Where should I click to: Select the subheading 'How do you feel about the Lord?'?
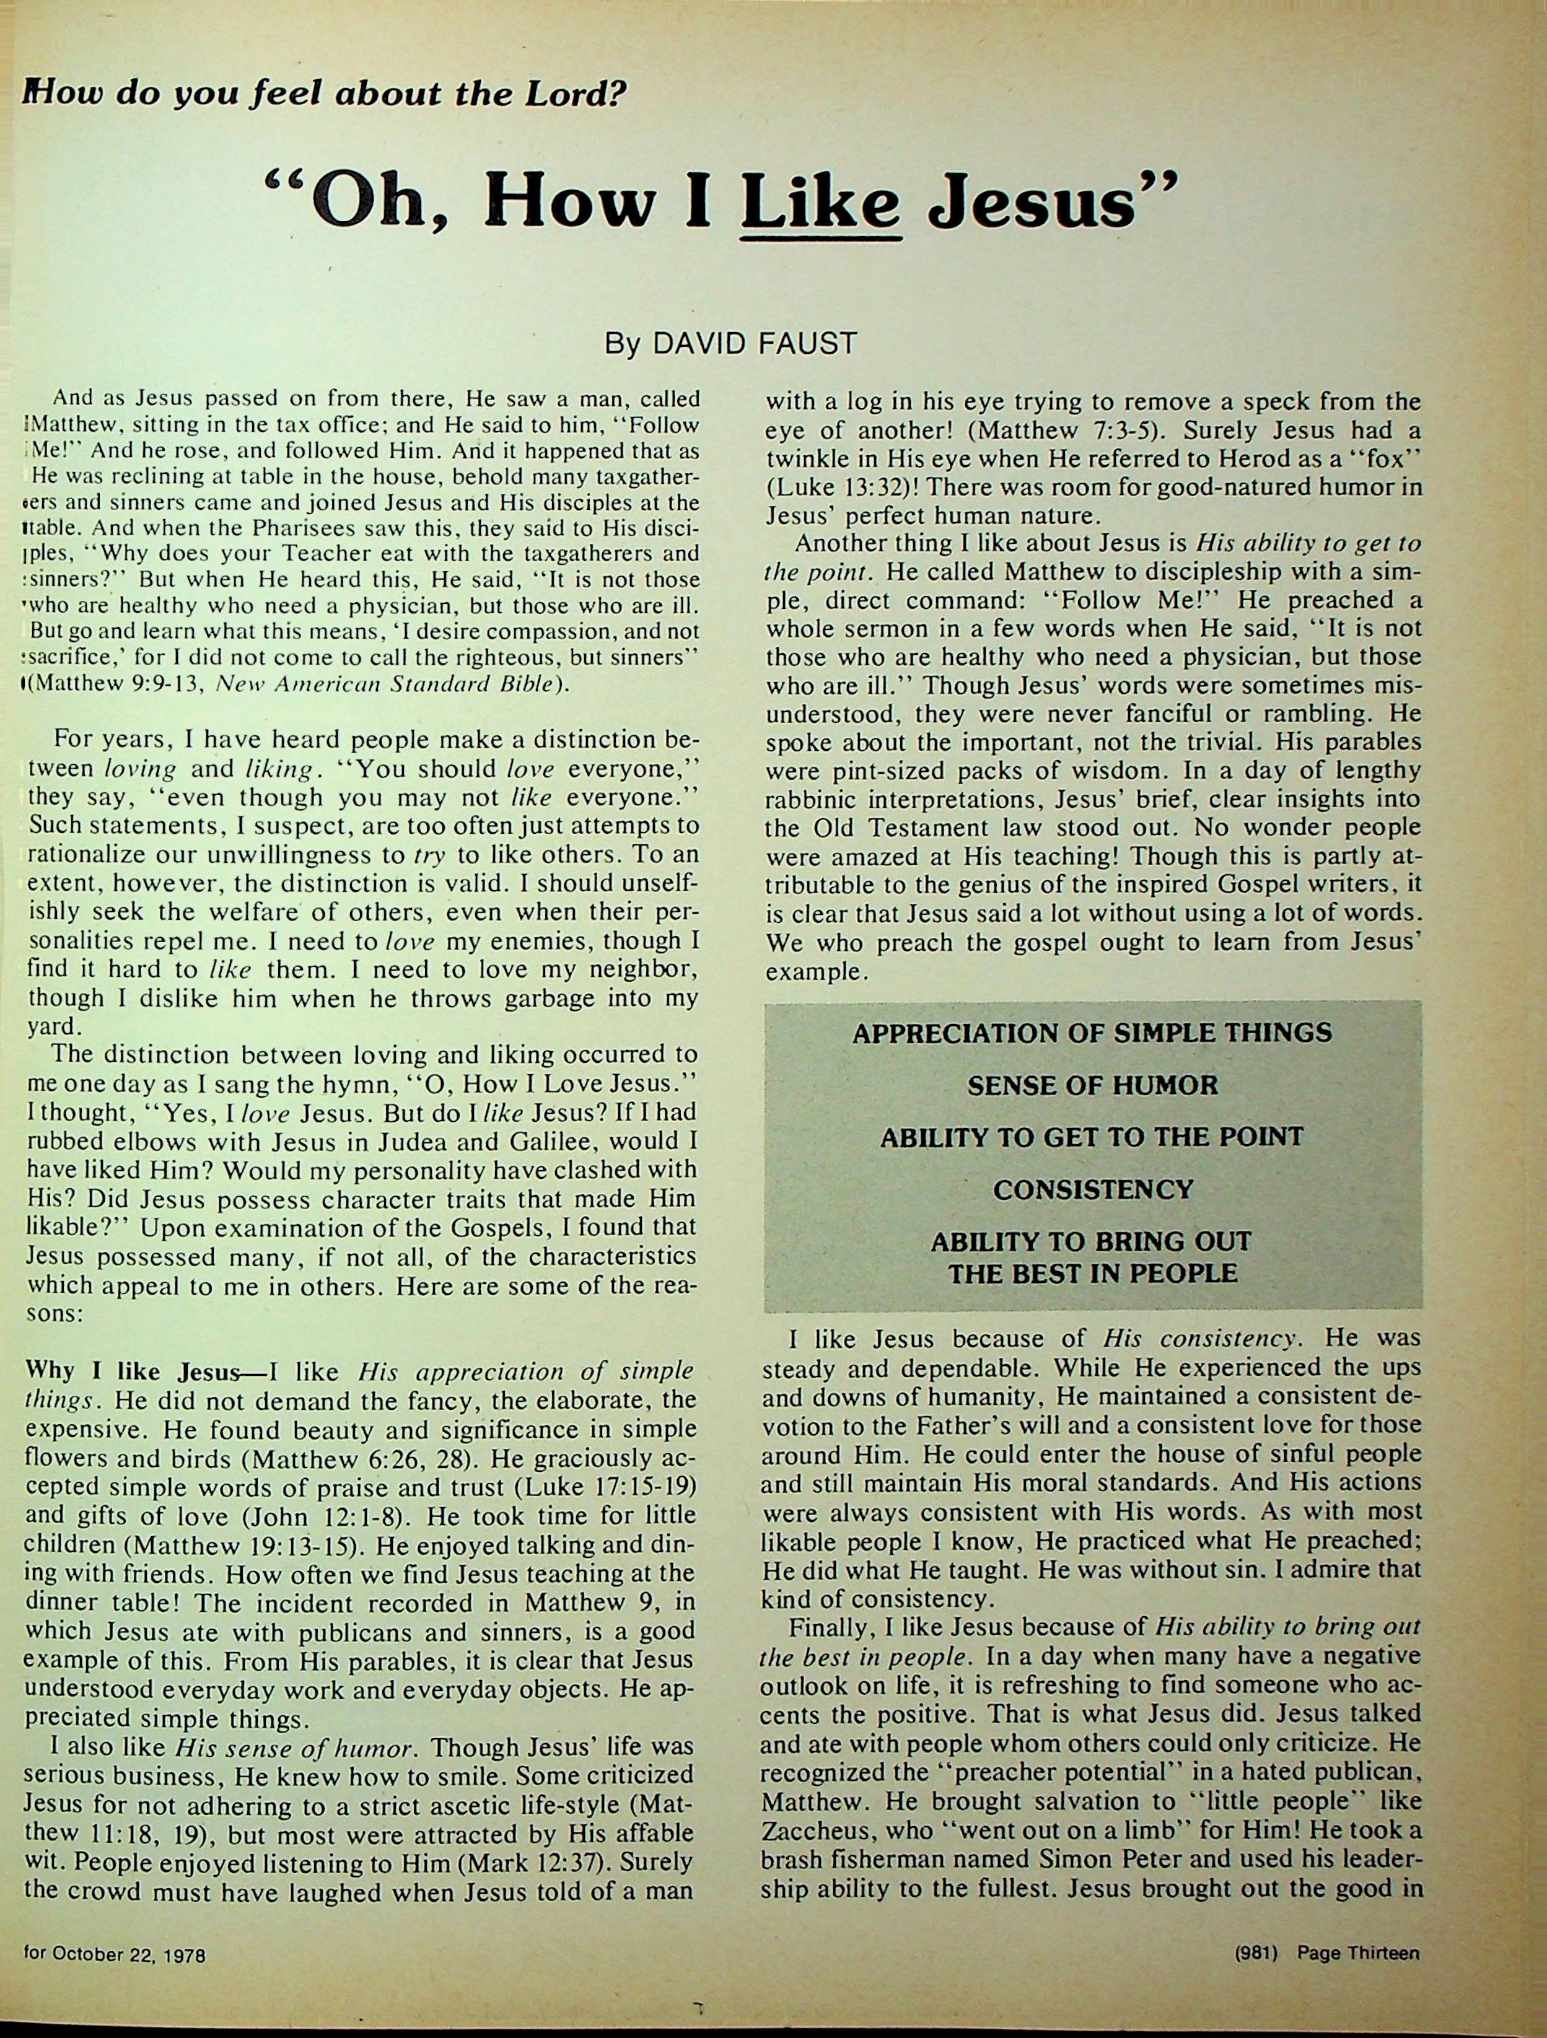[x=322, y=94]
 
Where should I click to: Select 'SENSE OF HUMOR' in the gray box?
[x=1093, y=1085]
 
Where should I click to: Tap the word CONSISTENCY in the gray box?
[x=1093, y=1189]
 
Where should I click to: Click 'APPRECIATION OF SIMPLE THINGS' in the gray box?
[x=1093, y=1033]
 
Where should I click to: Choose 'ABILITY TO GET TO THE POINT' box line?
[x=1093, y=1137]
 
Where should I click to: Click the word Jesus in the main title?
[x=1052, y=204]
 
